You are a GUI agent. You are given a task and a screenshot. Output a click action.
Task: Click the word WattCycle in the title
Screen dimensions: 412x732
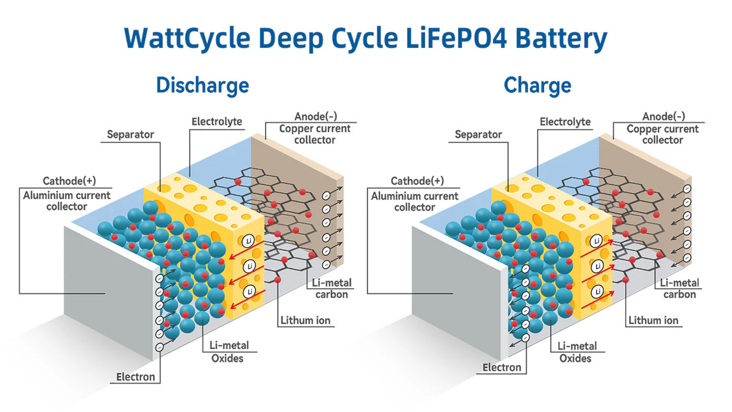(187, 38)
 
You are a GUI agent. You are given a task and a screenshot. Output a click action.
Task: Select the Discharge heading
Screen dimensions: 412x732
(202, 85)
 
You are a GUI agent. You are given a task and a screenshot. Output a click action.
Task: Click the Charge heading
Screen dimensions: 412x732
(537, 85)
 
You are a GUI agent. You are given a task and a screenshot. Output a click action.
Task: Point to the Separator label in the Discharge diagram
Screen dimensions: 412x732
(130, 134)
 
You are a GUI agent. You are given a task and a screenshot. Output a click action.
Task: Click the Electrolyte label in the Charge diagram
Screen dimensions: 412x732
(565, 122)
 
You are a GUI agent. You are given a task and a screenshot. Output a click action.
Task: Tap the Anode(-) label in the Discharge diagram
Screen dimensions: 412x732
(315, 116)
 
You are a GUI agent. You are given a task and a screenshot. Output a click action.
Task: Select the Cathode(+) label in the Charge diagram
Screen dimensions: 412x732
(417, 181)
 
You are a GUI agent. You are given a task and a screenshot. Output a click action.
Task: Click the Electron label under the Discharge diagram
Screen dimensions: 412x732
(135, 377)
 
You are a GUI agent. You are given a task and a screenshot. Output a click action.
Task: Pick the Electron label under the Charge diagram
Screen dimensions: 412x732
(502, 367)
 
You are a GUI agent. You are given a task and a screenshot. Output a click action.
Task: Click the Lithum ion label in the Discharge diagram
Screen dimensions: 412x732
(305, 320)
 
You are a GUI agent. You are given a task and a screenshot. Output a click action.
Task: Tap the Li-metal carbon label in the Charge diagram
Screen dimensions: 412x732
(679, 289)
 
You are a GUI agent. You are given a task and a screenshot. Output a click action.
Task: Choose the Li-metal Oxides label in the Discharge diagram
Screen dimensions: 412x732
(228, 352)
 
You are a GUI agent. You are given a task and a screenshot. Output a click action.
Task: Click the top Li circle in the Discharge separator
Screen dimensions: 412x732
(249, 241)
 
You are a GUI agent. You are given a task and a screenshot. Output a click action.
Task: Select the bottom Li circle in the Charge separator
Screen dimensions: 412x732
(597, 292)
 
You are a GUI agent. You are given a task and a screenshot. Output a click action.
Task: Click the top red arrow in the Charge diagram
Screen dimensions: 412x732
(597, 249)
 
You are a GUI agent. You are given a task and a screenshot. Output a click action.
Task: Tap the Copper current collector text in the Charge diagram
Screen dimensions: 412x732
(662, 134)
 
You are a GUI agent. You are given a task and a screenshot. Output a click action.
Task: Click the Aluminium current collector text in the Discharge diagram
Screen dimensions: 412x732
(67, 201)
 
